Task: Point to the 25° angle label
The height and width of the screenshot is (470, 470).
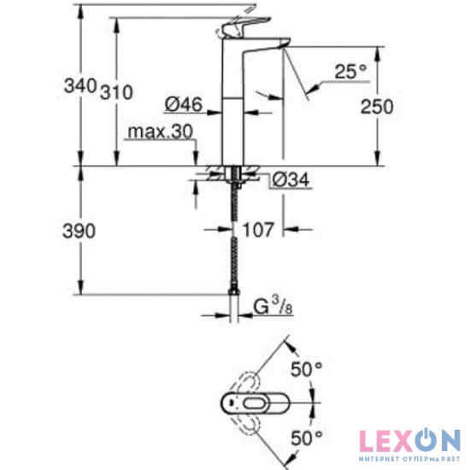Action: [350, 73]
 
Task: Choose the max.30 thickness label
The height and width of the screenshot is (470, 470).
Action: [159, 132]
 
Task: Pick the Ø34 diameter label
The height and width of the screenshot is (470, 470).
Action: [291, 179]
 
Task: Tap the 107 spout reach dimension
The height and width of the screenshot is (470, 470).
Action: [258, 230]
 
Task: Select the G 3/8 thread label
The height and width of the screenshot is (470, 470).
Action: [273, 303]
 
